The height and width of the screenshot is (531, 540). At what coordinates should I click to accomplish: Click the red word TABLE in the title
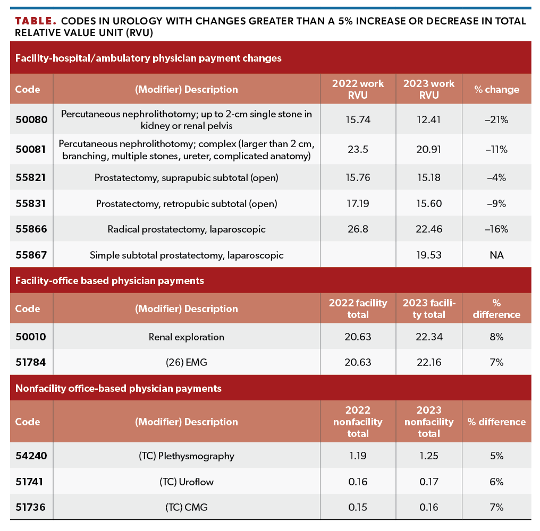click(35, 21)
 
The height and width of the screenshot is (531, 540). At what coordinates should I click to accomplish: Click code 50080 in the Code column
click(31, 120)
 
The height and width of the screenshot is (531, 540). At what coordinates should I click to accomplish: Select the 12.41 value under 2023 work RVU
click(428, 120)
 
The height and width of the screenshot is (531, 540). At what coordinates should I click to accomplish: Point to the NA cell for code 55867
click(496, 255)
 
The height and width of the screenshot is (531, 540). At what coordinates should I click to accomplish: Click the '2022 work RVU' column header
click(358, 89)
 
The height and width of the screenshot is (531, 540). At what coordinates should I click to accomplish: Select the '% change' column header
click(496, 89)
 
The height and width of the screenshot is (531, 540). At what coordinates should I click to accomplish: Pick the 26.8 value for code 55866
click(358, 229)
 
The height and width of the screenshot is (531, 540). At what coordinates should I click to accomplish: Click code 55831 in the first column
click(31, 203)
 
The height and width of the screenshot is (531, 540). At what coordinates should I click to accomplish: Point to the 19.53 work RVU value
click(428, 255)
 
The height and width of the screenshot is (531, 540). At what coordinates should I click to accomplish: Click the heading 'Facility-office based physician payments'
click(109, 280)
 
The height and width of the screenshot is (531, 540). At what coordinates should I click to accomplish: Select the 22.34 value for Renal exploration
click(428, 337)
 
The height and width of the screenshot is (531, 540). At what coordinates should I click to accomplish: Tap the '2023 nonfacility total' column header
click(428, 422)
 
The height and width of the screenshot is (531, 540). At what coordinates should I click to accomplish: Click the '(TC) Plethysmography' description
click(186, 456)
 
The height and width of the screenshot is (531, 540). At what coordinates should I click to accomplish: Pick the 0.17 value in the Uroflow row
click(428, 482)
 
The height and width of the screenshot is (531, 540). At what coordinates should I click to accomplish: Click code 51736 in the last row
click(31, 508)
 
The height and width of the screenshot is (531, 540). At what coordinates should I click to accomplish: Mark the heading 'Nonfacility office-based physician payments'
click(118, 388)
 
